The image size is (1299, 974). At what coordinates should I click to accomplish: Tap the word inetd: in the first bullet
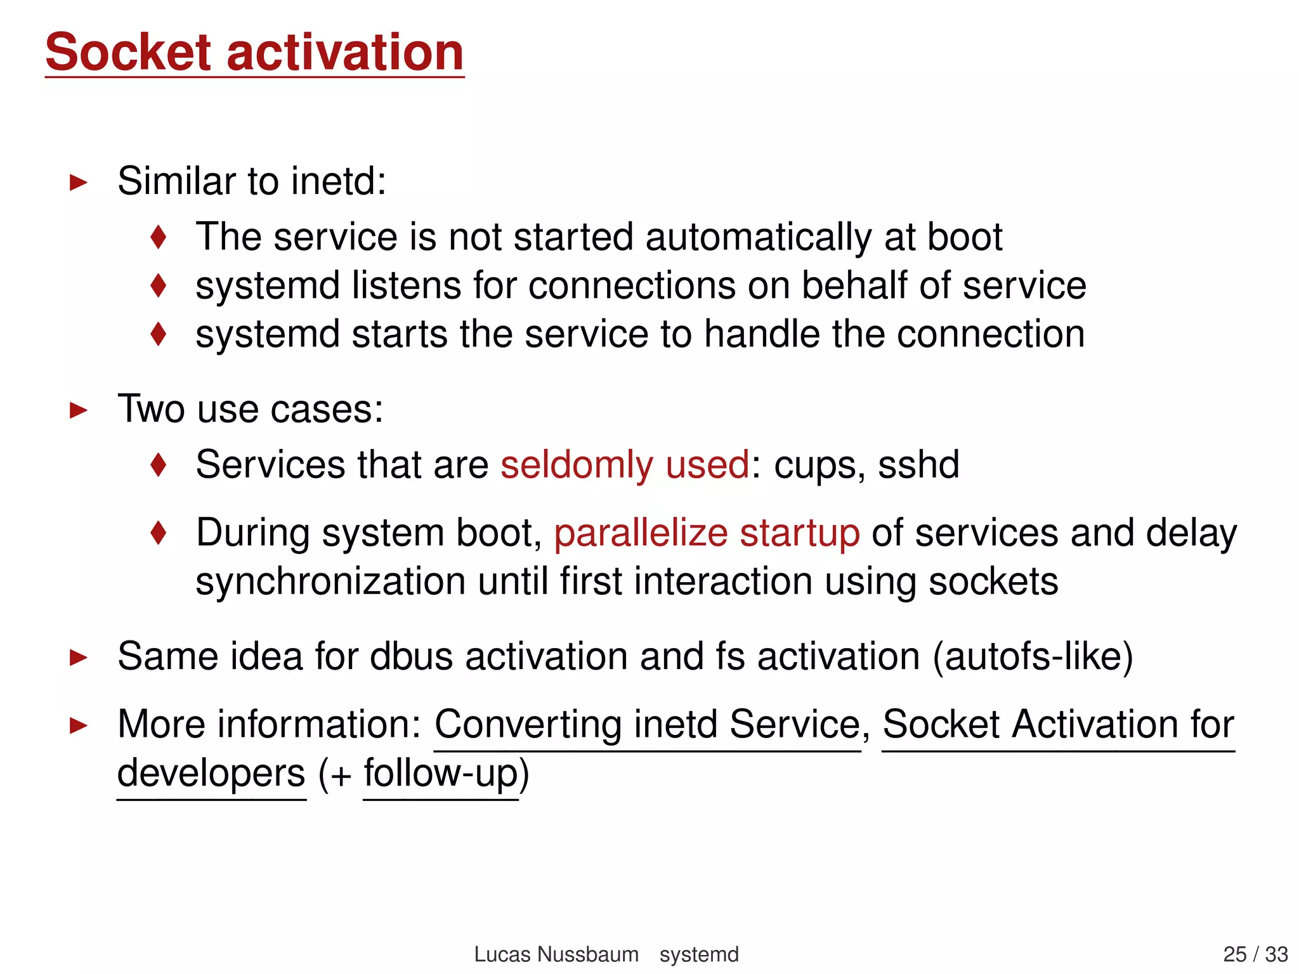(338, 181)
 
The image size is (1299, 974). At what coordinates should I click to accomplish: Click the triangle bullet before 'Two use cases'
(78, 410)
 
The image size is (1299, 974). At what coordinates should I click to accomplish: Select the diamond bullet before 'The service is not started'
(159, 237)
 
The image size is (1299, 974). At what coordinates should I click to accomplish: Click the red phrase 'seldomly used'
(625, 465)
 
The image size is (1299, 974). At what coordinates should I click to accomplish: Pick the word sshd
(918, 465)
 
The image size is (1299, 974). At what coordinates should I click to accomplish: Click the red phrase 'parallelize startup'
(707, 533)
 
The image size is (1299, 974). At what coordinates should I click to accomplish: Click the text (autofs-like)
(1033, 656)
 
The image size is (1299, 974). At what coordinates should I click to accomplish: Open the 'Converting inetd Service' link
(648, 724)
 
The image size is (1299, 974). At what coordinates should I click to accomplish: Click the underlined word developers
(211, 774)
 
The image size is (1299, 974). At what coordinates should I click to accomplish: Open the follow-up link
(441, 774)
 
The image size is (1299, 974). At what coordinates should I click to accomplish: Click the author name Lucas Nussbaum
(556, 954)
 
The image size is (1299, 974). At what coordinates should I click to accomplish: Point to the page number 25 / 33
(1255, 954)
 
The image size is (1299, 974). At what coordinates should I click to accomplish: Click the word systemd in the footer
(699, 954)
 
